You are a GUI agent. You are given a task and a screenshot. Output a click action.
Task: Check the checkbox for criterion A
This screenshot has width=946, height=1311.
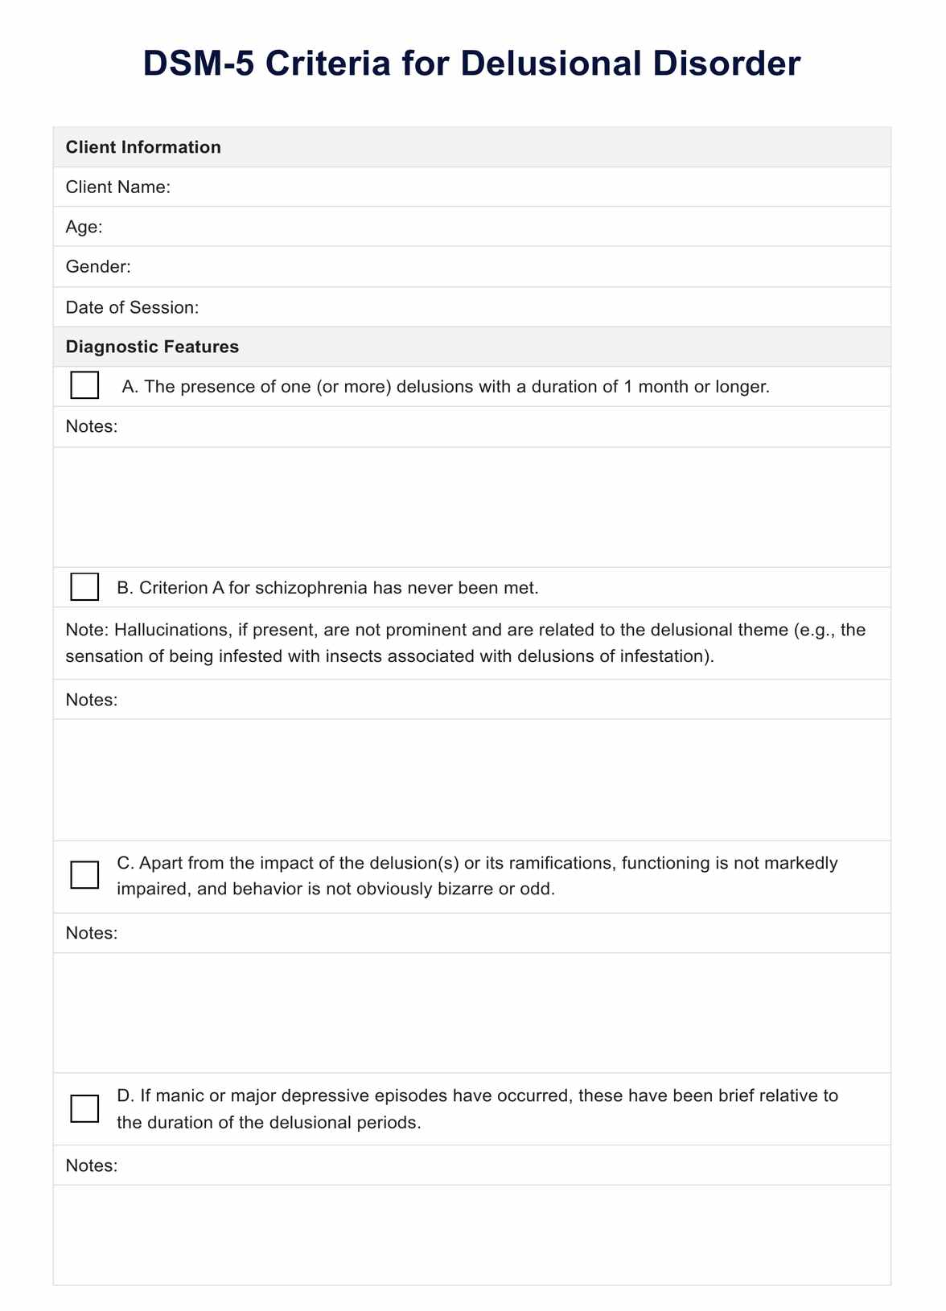84,385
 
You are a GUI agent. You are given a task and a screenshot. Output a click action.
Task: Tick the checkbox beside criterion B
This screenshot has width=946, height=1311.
84,586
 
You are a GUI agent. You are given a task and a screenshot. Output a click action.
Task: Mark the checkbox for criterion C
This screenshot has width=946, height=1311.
84,875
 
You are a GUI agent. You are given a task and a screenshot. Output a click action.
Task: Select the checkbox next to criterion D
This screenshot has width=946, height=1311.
84,1108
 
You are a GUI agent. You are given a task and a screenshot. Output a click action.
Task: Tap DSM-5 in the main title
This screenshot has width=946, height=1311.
197,64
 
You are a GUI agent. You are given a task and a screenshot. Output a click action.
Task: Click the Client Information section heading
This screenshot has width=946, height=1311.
143,147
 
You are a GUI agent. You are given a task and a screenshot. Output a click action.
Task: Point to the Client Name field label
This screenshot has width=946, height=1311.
117,187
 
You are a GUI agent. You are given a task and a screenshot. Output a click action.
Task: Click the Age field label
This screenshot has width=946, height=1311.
84,227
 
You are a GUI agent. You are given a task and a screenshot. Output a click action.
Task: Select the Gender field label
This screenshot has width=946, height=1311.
98,266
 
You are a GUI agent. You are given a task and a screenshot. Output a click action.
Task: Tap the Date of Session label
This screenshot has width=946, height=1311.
132,307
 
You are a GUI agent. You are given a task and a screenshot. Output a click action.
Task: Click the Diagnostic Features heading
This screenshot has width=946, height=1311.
152,347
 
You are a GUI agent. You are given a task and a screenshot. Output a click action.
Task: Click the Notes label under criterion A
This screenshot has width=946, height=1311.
92,426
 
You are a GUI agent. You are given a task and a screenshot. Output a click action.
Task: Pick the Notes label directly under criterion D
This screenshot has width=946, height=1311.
92,1165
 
